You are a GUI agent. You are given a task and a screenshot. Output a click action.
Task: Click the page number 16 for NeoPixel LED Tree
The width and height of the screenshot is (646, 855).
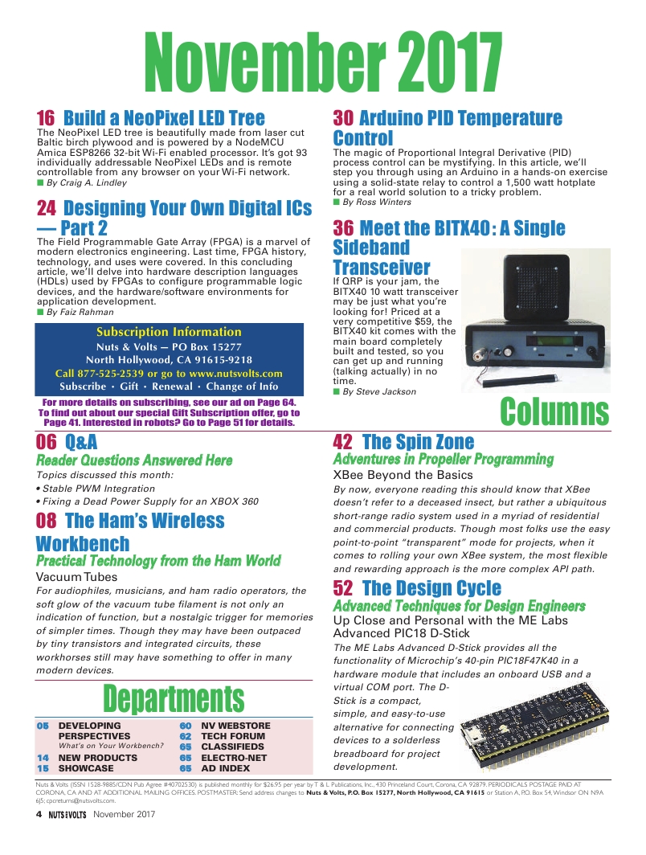(x=47, y=118)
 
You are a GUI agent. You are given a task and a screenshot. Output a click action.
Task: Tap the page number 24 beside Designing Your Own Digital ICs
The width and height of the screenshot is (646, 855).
(x=47, y=209)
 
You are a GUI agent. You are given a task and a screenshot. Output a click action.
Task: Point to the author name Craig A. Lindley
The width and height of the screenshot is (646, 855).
(x=87, y=183)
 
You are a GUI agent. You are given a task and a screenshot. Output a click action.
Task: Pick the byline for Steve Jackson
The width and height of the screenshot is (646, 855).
(x=379, y=392)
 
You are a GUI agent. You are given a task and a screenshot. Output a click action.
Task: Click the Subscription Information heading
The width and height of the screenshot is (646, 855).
(x=169, y=332)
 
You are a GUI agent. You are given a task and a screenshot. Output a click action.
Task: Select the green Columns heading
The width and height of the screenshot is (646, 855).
(x=554, y=411)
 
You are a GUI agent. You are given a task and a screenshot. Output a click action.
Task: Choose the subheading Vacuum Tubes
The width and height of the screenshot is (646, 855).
(x=77, y=577)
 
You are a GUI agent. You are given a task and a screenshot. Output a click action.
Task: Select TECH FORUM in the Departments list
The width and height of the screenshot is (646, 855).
(x=233, y=736)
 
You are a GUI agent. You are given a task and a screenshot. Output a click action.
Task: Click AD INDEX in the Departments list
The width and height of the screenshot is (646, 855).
(x=225, y=768)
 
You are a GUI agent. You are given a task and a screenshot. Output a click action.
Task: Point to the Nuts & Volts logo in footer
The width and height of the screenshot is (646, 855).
(x=67, y=814)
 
